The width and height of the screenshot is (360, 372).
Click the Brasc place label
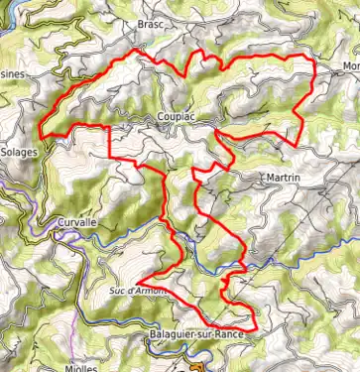pos(150,24)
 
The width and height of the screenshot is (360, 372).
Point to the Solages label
pos(19,154)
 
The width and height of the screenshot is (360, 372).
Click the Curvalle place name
pos(76,223)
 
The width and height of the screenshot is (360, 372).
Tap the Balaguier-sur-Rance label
pos(194,335)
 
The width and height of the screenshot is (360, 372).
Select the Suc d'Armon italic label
pos(135,292)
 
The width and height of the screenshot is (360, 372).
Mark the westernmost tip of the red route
pos(40,130)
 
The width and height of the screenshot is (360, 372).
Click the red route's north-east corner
pos(313,61)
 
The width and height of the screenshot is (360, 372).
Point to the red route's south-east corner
pos(256,327)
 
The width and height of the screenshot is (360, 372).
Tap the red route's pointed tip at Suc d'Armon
pos(140,277)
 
